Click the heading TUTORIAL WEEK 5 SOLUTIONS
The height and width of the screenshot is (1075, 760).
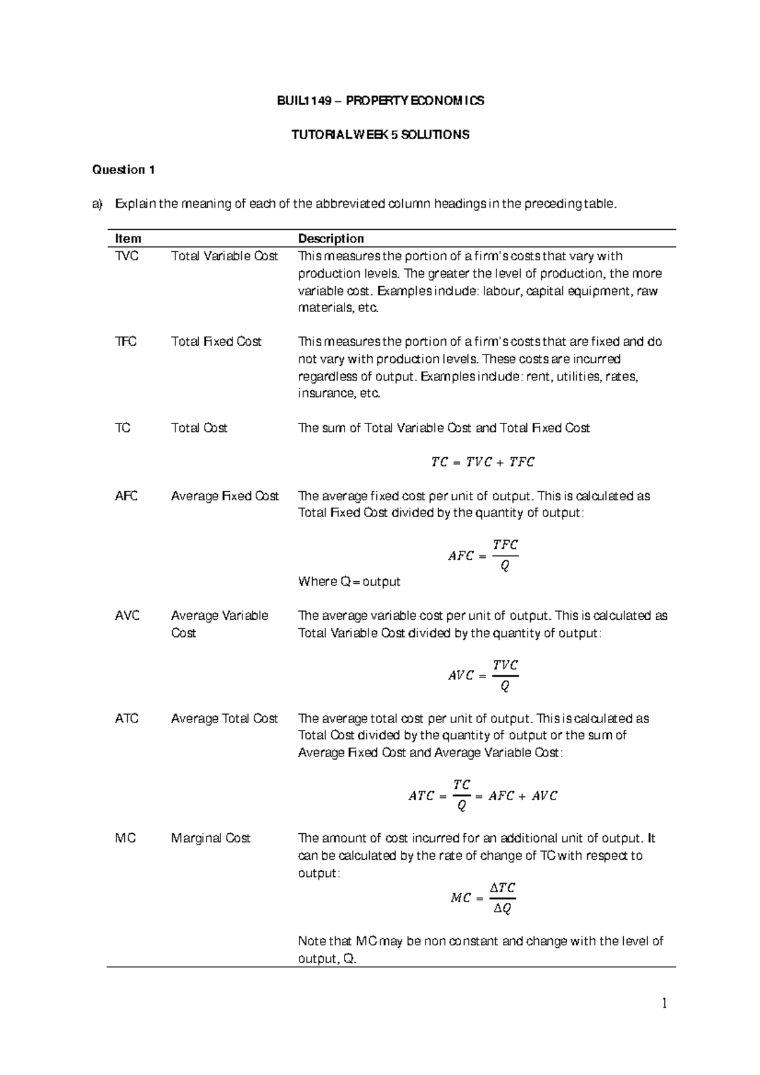[380, 135]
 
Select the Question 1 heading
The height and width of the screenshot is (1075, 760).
[123, 170]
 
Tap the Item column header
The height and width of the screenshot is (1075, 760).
[128, 239]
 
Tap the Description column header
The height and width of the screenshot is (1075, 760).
[331, 239]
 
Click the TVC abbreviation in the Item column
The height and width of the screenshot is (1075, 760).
[127, 256]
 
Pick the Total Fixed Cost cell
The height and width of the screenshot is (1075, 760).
[216, 342]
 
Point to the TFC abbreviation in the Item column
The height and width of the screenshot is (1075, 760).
[125, 342]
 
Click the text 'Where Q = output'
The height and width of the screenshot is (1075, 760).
[349, 582]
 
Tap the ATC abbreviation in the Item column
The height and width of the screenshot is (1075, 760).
[127, 719]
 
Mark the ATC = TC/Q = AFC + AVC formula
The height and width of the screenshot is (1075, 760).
[483, 795]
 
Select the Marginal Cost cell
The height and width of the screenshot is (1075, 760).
[210, 838]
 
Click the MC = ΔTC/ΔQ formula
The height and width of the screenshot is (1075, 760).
[483, 898]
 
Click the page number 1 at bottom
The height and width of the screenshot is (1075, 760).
[664, 1003]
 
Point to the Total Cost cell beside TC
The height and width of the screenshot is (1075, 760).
[199, 428]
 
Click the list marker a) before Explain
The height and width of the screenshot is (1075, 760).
[97, 204]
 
